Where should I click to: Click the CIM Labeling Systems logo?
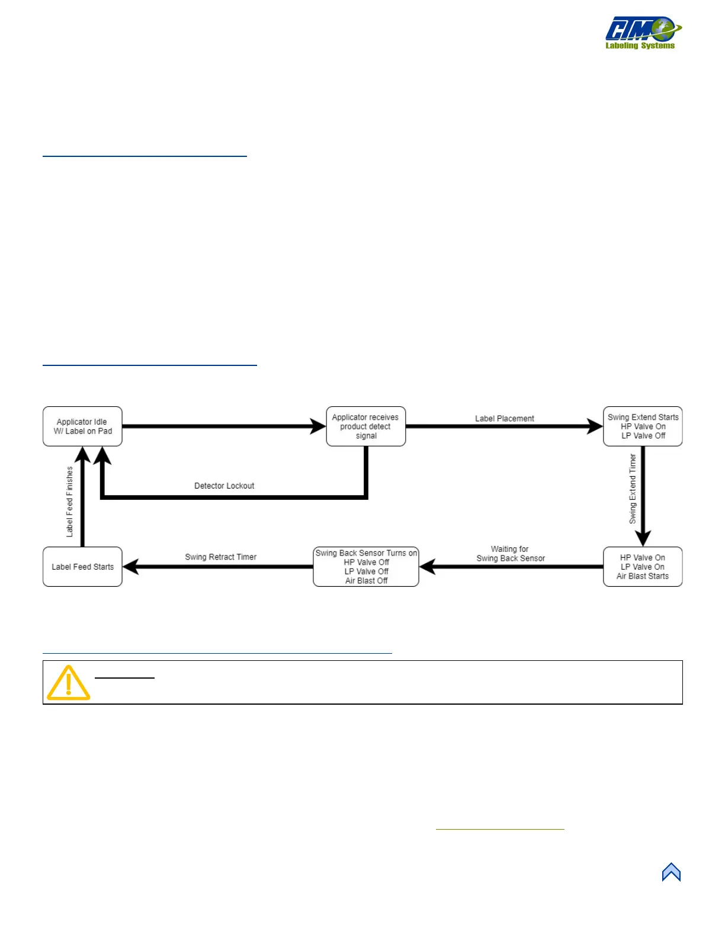click(x=643, y=33)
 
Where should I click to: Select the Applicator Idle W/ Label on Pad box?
click(x=82, y=426)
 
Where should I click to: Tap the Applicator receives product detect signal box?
click(x=365, y=426)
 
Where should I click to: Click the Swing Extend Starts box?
click(x=643, y=426)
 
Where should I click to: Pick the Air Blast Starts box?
click(x=643, y=567)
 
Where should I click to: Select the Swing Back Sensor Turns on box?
click(x=366, y=567)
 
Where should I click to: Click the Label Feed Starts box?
click(x=82, y=567)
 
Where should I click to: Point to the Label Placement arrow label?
click(x=504, y=419)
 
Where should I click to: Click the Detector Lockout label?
click(x=224, y=486)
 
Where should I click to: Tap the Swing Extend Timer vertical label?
click(x=633, y=489)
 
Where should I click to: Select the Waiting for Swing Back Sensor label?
click(x=510, y=554)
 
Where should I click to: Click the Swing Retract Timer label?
click(x=220, y=557)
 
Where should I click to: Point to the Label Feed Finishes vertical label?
click(x=70, y=502)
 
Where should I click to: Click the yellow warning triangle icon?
click(x=69, y=683)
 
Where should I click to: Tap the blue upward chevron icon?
click(x=671, y=872)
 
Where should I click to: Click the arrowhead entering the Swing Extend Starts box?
click(x=595, y=426)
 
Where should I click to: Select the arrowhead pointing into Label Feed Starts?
click(x=131, y=567)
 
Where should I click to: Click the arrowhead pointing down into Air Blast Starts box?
click(x=643, y=538)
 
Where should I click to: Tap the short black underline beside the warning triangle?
click(x=124, y=677)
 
